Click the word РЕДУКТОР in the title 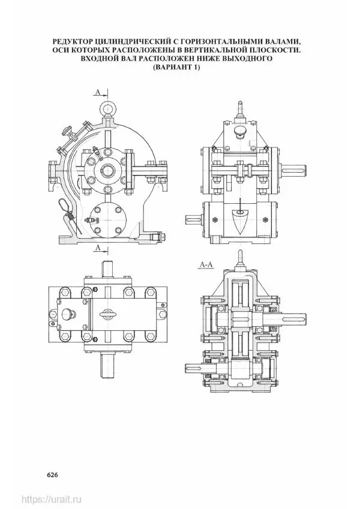72,42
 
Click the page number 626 52,475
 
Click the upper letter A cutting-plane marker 98,92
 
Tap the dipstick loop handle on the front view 63,205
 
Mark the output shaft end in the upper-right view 294,169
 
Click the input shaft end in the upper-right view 194,219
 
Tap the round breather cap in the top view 67,314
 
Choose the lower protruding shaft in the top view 107,365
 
